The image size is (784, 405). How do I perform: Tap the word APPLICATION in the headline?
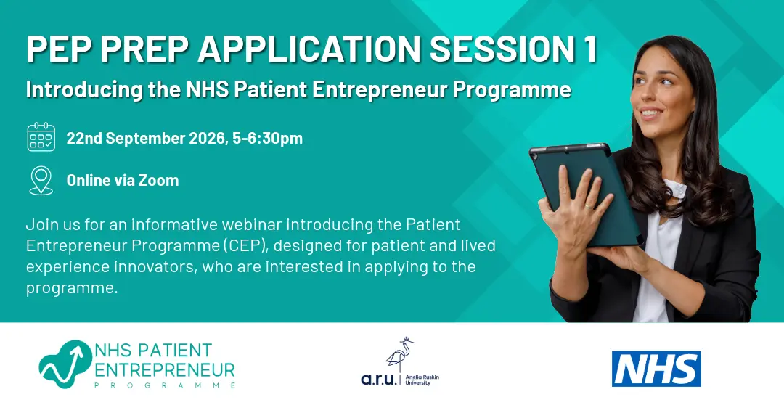pos(309,49)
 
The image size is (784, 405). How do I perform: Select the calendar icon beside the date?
pos(41,136)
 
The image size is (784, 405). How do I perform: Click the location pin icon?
pos(41,180)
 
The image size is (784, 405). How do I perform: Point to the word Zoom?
pos(158,180)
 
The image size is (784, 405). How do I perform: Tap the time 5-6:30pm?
pos(267,138)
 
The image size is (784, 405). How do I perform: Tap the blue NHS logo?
pos(656,369)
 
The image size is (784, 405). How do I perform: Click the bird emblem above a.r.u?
pos(400,354)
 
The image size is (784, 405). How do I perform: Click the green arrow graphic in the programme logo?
pos(64,364)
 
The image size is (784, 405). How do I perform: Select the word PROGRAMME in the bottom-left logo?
pos(165,385)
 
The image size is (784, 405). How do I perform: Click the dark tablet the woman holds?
pos(585,192)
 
